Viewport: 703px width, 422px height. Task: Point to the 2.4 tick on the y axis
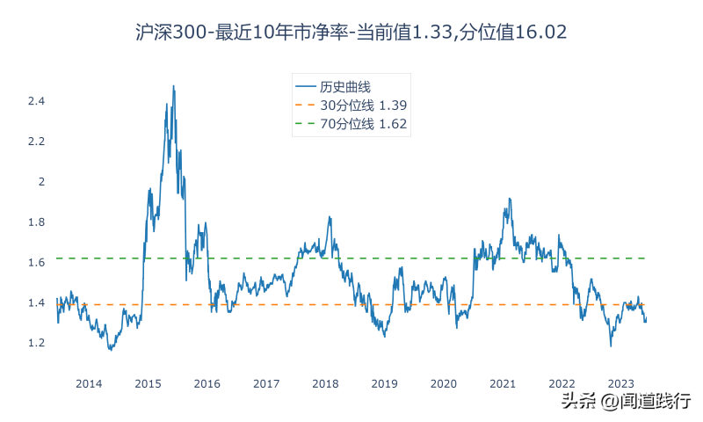coord(36,101)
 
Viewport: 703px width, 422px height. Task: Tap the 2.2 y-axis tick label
coord(36,142)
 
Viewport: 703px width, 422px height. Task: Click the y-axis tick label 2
coord(40,182)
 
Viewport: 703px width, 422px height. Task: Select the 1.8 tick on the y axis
coord(36,222)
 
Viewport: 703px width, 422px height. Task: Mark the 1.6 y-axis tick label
coord(36,263)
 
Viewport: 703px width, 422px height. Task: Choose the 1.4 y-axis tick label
coord(36,303)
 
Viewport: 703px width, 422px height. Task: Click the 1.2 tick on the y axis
coord(36,343)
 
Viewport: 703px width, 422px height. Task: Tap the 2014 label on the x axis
coord(89,384)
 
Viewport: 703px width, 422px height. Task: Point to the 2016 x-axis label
coord(207,384)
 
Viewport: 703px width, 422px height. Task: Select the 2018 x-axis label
coord(325,384)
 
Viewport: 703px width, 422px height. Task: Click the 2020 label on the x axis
coord(444,384)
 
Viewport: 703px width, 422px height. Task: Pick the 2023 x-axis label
coord(621,384)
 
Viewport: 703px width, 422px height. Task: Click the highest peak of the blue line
coord(173,86)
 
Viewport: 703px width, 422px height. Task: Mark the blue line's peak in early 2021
coord(510,199)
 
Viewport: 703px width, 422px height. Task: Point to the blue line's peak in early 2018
coord(330,217)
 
